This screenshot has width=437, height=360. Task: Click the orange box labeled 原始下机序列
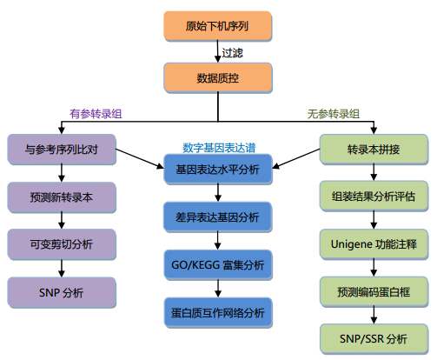(x=218, y=26)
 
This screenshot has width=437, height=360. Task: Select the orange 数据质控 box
(x=218, y=78)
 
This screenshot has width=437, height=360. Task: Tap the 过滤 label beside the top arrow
(x=232, y=53)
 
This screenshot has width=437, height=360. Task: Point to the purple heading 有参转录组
(x=96, y=114)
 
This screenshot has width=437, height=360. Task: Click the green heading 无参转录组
(x=334, y=114)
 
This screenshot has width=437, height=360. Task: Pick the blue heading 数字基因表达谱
(x=219, y=148)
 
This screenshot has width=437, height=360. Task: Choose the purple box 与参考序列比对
(x=62, y=150)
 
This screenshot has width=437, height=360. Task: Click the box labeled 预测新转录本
(x=62, y=197)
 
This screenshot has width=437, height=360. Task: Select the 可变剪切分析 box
(x=62, y=244)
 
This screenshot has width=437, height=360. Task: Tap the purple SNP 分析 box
(x=62, y=292)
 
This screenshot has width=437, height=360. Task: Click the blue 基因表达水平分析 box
(x=218, y=170)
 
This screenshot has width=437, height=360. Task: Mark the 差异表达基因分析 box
(x=218, y=217)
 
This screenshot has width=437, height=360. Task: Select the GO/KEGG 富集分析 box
(x=218, y=265)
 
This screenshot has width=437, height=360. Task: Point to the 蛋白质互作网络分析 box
(x=218, y=313)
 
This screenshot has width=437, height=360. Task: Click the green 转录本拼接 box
(x=374, y=150)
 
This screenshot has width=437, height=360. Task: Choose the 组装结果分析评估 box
(x=374, y=197)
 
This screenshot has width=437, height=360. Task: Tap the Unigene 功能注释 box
(x=374, y=244)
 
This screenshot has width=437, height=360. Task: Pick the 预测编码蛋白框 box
(x=374, y=292)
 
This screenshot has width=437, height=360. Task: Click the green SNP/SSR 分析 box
(x=374, y=339)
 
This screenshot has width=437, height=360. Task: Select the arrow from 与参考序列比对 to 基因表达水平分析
(x=140, y=158)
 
